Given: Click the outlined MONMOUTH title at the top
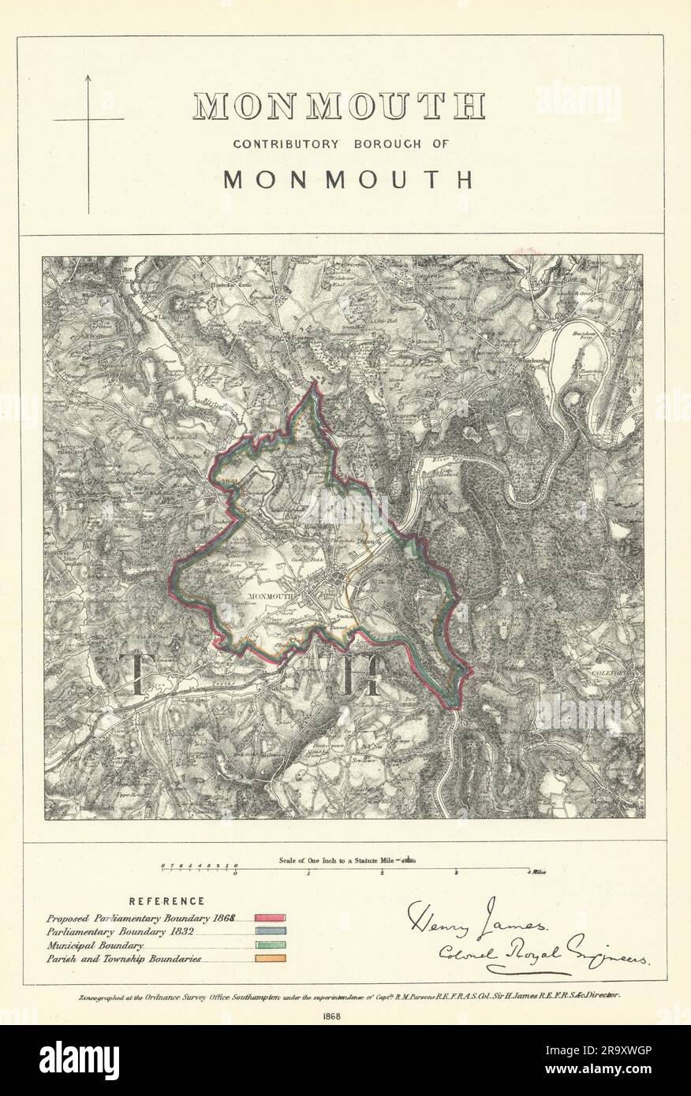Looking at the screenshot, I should tap(339, 106).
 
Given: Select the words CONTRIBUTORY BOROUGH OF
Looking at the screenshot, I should tap(340, 144).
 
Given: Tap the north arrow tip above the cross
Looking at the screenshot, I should tap(88, 76).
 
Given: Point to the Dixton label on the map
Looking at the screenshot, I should tap(364, 542).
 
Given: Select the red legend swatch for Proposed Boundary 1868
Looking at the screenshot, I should tap(270, 918).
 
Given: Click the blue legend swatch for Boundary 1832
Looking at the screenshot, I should tap(270, 931).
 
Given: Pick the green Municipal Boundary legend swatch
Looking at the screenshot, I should tap(270, 945).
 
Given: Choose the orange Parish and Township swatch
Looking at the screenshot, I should tap(270, 958).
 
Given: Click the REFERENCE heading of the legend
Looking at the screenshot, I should tap(166, 900).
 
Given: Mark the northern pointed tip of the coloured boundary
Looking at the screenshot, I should tap(314, 384).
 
